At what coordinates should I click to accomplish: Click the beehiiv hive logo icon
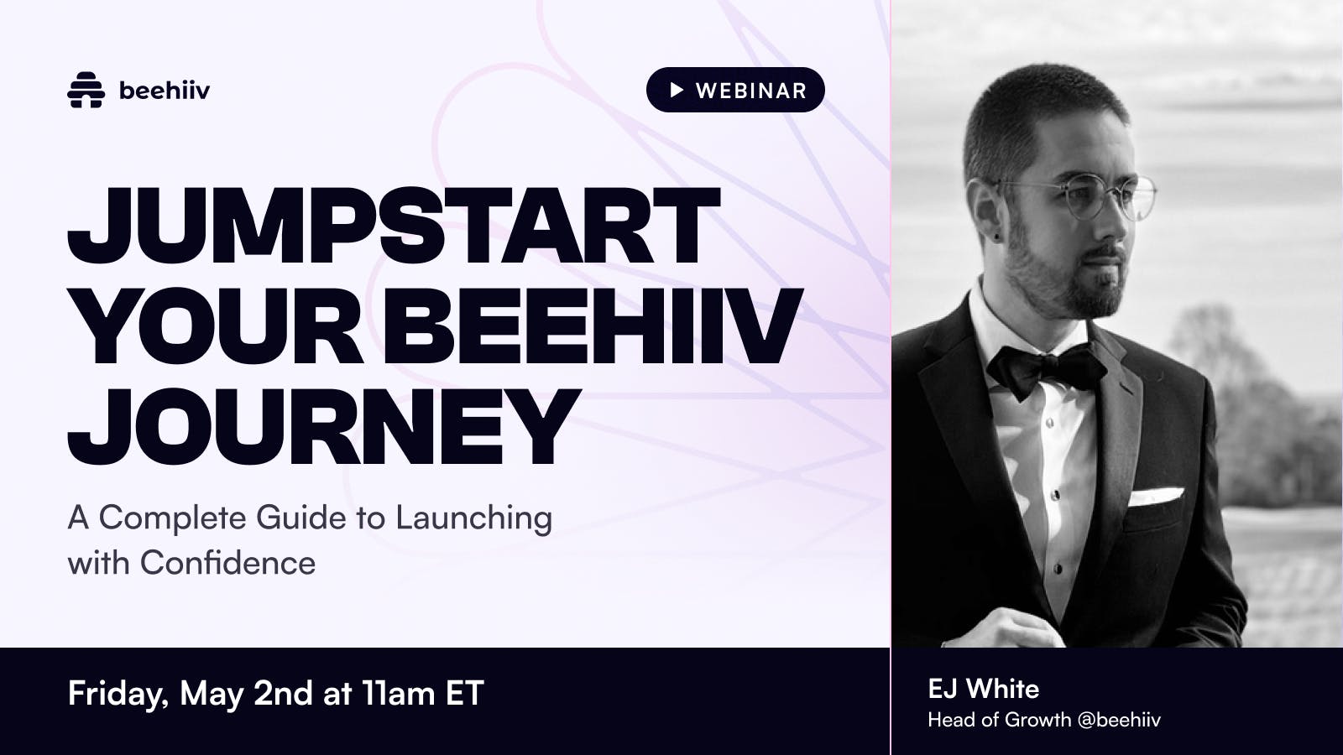[86, 90]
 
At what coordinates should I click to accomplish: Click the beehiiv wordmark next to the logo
[165, 91]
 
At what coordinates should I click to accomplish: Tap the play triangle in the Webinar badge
[677, 90]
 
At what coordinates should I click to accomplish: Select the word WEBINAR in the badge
[751, 91]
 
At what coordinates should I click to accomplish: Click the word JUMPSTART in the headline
[394, 226]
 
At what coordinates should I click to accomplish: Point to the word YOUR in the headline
[217, 326]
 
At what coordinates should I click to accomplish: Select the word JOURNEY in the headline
[324, 427]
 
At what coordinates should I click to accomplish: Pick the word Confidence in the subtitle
[227, 563]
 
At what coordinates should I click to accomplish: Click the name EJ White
[983, 689]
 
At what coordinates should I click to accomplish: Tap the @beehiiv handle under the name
[1119, 720]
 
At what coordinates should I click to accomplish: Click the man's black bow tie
[1046, 368]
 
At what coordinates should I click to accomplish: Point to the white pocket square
[1155, 496]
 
